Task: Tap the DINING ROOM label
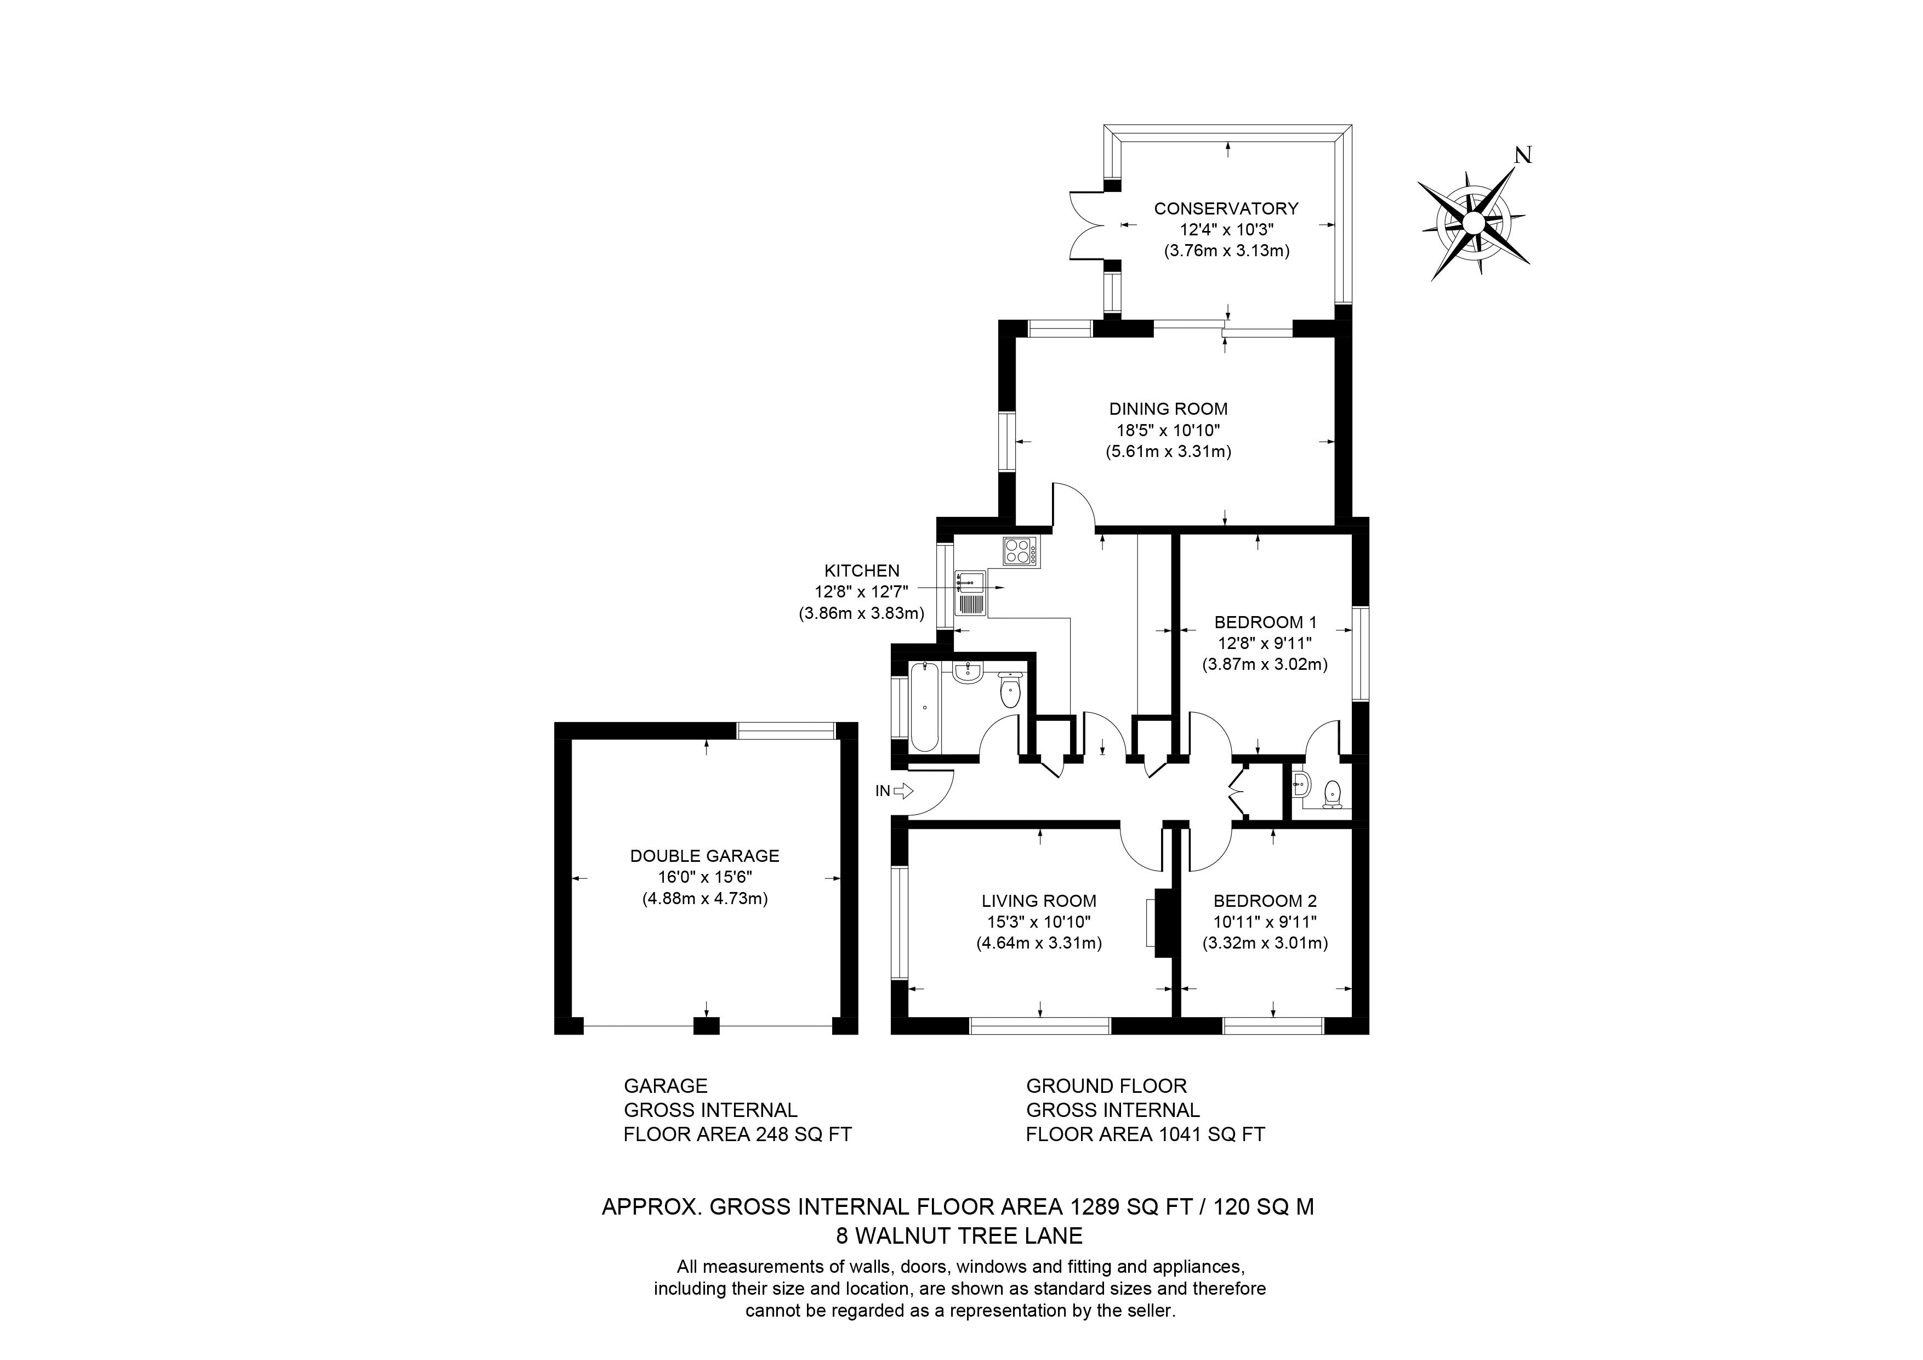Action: [x=1168, y=409]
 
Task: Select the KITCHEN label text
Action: [x=862, y=571]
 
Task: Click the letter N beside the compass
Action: [x=1523, y=155]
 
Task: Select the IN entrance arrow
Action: [x=903, y=790]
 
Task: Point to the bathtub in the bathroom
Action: [x=925, y=706]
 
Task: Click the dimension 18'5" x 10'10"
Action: [x=1168, y=430]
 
